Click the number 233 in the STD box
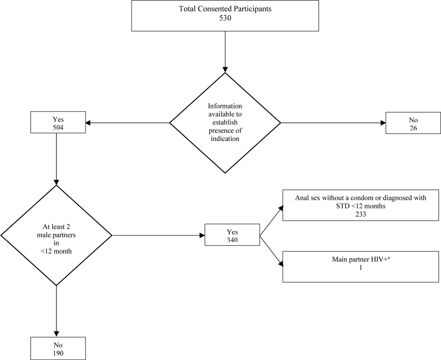coord(361,213)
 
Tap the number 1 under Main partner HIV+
coord(360,266)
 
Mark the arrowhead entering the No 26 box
coord(383,123)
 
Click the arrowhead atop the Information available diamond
coord(225,69)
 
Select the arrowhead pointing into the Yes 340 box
coord(201,236)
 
